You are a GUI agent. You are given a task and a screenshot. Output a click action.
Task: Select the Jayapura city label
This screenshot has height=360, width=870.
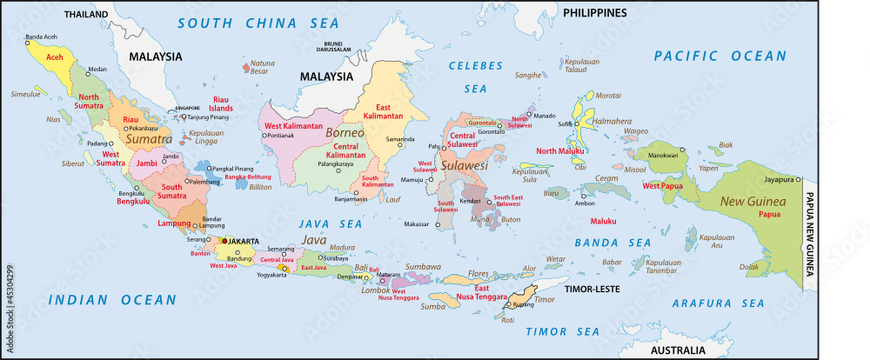(x=776, y=179)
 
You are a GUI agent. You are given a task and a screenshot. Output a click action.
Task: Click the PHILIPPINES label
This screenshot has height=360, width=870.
(x=594, y=12)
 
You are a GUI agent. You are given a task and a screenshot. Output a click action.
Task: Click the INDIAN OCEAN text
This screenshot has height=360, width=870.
(x=112, y=300)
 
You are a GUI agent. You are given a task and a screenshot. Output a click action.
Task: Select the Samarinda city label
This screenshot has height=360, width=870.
(x=400, y=138)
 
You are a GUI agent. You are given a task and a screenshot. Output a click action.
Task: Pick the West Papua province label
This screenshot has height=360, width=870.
(x=662, y=185)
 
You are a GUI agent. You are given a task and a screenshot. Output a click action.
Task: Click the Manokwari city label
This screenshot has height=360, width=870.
(x=663, y=155)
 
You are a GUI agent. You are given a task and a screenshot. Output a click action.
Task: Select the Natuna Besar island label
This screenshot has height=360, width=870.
(x=262, y=68)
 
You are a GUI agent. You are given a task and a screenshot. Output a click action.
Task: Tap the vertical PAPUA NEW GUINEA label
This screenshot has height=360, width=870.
(x=808, y=234)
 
